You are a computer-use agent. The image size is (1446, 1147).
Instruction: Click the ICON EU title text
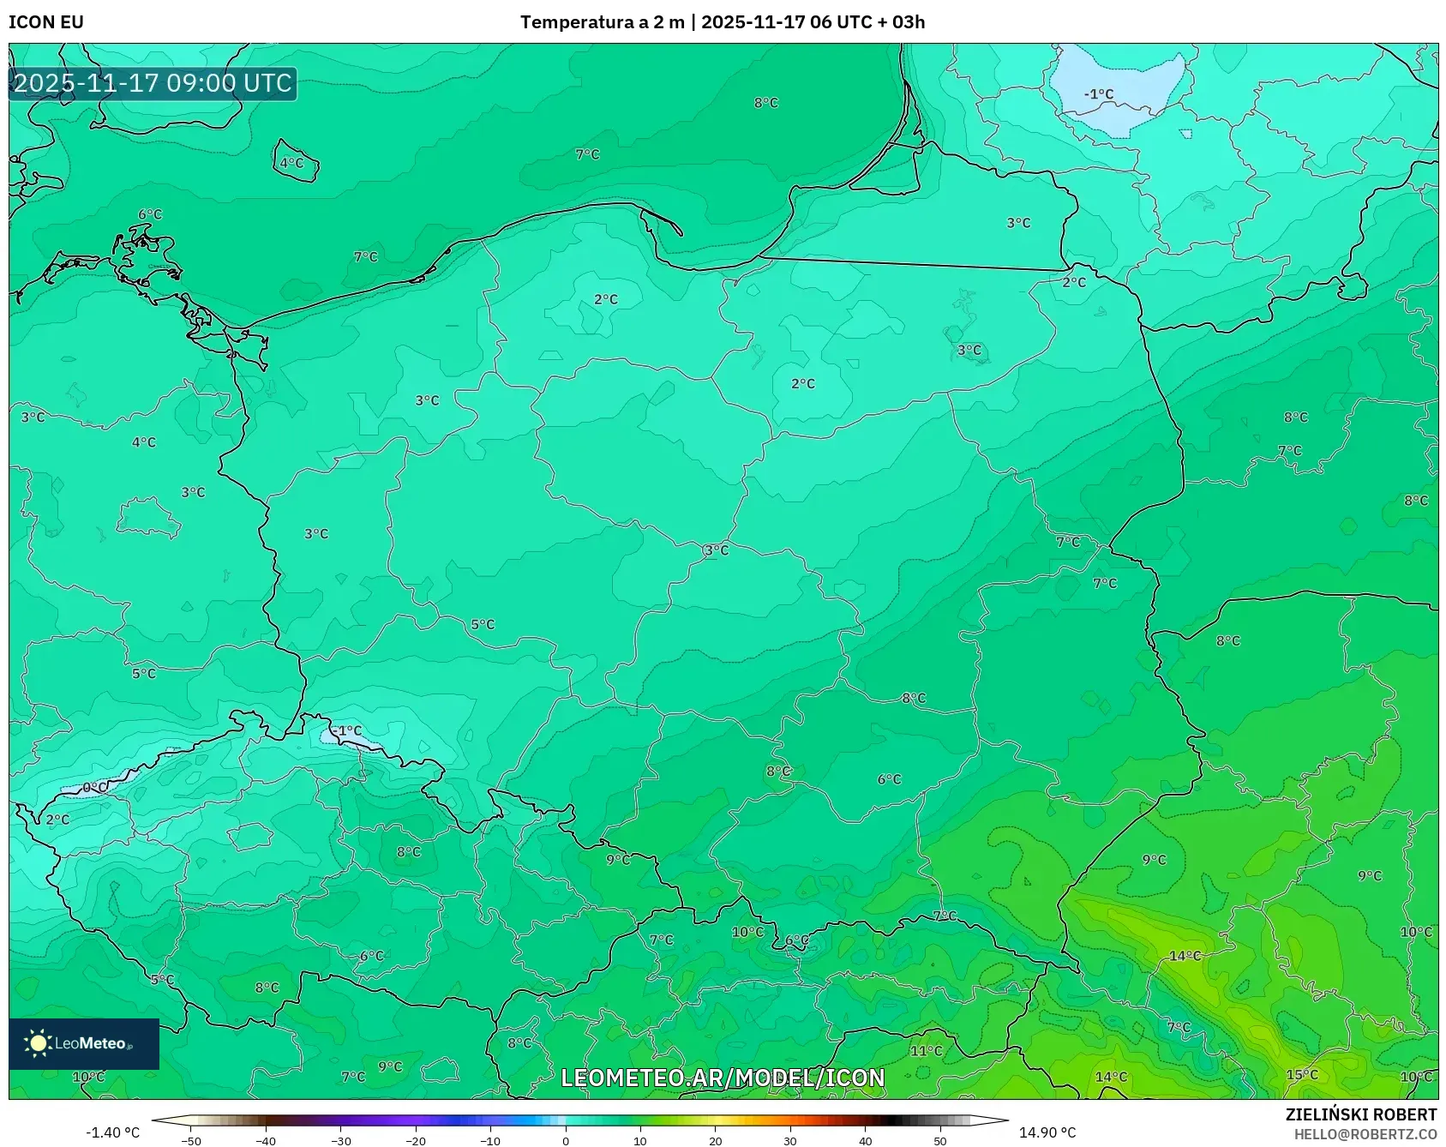click(x=46, y=22)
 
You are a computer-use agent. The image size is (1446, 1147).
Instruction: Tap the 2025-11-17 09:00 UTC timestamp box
click(x=153, y=83)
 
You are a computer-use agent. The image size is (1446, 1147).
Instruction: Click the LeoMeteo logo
click(x=83, y=1043)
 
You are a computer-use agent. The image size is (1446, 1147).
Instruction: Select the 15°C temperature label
click(x=1302, y=1075)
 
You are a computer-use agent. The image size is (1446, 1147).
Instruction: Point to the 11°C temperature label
click(x=926, y=1051)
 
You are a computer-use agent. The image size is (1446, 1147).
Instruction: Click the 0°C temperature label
click(x=94, y=787)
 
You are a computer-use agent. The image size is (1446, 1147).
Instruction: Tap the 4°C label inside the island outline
click(x=291, y=163)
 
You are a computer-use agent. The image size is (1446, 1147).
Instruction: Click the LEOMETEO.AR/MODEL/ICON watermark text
click(x=723, y=1078)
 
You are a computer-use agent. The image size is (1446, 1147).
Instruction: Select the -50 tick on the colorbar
click(x=191, y=1141)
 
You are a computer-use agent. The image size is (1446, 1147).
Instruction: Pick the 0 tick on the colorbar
click(x=565, y=1141)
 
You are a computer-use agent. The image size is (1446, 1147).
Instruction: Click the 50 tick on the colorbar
click(x=940, y=1141)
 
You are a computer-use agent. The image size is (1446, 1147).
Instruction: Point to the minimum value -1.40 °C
click(x=112, y=1132)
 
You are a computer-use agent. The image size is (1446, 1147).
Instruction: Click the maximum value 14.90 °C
click(x=1047, y=1132)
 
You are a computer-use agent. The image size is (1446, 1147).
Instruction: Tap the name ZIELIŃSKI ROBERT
click(x=1360, y=1114)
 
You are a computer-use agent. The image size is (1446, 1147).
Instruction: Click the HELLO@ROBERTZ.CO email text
click(x=1365, y=1134)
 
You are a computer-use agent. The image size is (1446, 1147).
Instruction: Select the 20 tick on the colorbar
click(x=715, y=1141)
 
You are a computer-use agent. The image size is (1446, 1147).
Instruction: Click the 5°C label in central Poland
click(x=483, y=625)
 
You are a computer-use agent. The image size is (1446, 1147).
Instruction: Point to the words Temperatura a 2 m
click(x=602, y=22)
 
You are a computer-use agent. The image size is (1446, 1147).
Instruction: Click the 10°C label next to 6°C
click(x=747, y=932)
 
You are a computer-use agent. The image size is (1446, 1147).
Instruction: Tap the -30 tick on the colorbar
click(x=341, y=1141)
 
